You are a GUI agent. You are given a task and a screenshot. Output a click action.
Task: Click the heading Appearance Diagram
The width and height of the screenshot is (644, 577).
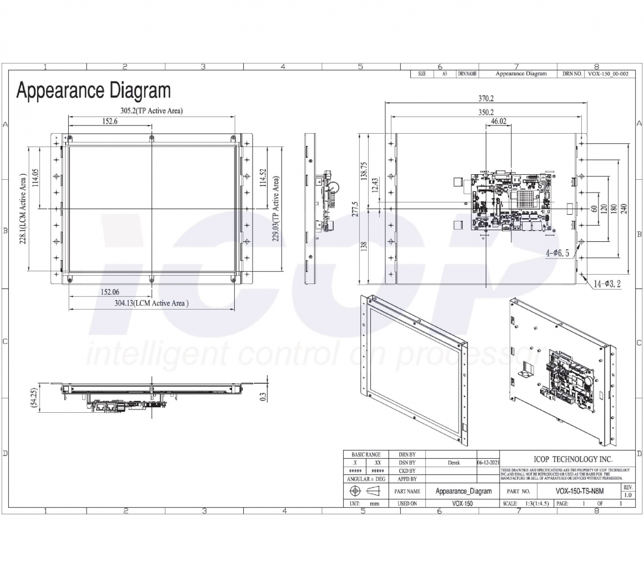point(93,90)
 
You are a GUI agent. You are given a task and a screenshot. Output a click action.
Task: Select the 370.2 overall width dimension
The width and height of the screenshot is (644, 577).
point(486,99)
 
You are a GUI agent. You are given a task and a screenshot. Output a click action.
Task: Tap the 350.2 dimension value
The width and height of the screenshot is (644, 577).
point(486,112)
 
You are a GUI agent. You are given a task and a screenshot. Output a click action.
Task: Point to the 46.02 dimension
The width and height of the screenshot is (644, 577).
point(499,121)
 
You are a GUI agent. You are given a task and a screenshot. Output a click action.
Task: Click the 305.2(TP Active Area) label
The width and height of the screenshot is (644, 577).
point(152,111)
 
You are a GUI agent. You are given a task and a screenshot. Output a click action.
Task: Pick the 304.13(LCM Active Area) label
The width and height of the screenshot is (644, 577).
point(152,303)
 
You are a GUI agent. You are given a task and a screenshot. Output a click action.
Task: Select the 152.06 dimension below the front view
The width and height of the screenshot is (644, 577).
point(110,292)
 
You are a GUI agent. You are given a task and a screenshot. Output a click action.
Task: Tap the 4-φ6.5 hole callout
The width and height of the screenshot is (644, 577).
point(557,253)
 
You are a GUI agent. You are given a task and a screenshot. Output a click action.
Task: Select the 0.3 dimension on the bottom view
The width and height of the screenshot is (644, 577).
point(263,396)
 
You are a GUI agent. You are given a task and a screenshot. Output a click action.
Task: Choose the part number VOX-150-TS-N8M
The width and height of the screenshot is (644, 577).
point(579,491)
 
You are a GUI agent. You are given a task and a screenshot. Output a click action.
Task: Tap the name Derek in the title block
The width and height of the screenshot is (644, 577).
point(454,463)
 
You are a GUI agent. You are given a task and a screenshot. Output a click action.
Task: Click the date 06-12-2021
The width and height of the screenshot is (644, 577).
point(489,463)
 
